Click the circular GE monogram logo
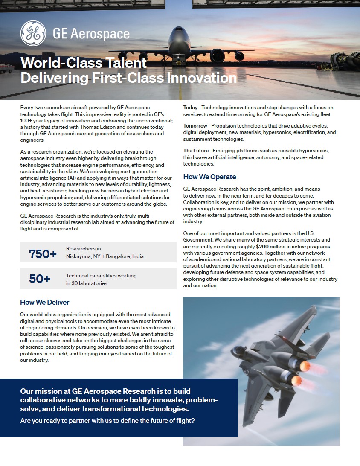33,33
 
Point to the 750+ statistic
43,254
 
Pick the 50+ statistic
40,279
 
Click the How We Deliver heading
44,302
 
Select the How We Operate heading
209,177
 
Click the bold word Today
191,108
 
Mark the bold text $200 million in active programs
293,247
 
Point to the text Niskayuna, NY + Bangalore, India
105,256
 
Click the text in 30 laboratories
87,283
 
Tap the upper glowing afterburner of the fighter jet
305,366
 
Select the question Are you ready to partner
107,421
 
